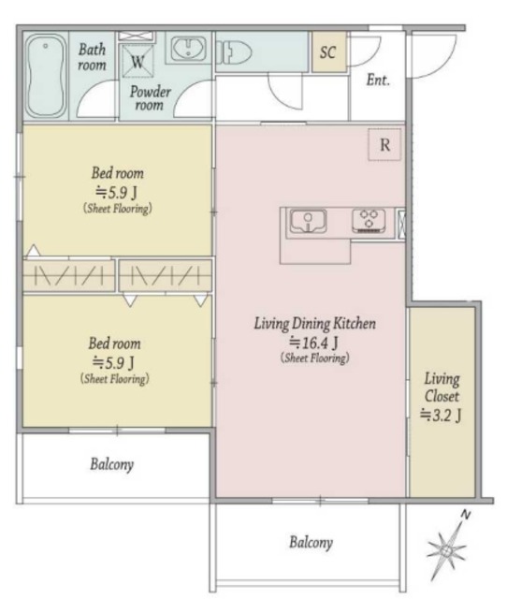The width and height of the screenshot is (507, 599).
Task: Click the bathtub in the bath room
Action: coord(46,76)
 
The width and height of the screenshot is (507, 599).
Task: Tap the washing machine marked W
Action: coord(138,61)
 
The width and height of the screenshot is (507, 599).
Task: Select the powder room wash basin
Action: coord(189,49)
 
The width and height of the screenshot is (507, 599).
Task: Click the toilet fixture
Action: coord(234,52)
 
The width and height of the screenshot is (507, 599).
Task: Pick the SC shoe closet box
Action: coord(328,52)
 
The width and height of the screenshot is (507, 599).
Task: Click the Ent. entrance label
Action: coord(378,80)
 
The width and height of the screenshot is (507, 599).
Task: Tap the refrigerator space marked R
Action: coord(384,145)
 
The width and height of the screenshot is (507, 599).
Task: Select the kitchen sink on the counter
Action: coord(308,221)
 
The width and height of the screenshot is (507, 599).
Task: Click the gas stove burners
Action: coord(369,221)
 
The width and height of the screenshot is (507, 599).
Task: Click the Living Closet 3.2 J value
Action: coord(441,415)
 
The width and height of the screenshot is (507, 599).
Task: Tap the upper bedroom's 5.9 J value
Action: coord(116,192)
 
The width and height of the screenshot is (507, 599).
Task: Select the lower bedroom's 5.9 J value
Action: coord(113,362)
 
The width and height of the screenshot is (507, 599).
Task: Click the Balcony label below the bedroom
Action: coord(112,464)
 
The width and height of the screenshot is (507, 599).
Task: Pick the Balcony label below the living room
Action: coord(311,542)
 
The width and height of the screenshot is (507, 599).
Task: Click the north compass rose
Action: coord(447,550)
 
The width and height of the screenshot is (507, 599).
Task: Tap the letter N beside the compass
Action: coord(466,515)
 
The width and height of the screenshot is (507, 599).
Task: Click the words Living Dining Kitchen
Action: coord(315,324)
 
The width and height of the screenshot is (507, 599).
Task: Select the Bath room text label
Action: coord(92,57)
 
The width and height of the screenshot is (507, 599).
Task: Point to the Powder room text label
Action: coord(150,97)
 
